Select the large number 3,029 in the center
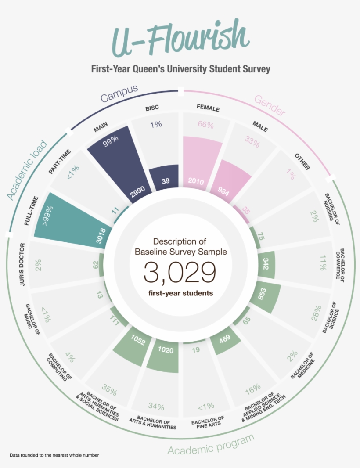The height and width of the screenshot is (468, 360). tap(180, 273)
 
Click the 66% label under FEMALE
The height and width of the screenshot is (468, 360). tap(205, 125)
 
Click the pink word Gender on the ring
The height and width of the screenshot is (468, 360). tap(268, 106)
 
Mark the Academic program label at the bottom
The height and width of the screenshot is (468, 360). tap(211, 445)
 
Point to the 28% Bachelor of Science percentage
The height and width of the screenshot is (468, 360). tap(317, 313)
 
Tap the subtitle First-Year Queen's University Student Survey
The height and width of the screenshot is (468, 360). tap(180, 69)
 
